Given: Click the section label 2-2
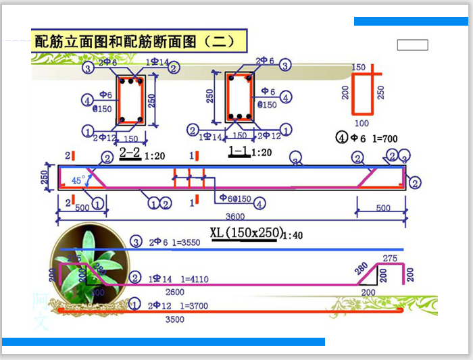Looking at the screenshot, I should pyautogui.click(x=129, y=153).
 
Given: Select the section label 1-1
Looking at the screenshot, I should pyautogui.click(x=239, y=151).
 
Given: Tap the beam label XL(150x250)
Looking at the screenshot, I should pyautogui.click(x=246, y=233).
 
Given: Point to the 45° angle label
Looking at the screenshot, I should pyautogui.click(x=78, y=180).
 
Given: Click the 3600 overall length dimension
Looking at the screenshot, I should pyautogui.click(x=234, y=217).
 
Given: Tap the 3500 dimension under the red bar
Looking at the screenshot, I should pyautogui.click(x=174, y=319).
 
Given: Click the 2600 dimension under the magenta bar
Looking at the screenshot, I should pyautogui.click(x=174, y=292).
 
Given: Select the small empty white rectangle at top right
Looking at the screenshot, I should pyautogui.click(x=412, y=45).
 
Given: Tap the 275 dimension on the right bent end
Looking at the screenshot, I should pyautogui.click(x=389, y=258).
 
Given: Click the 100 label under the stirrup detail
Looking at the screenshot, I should pyautogui.click(x=362, y=124).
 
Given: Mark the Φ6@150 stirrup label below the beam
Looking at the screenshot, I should pyautogui.click(x=235, y=199).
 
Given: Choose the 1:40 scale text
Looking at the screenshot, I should pyautogui.click(x=293, y=236).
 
